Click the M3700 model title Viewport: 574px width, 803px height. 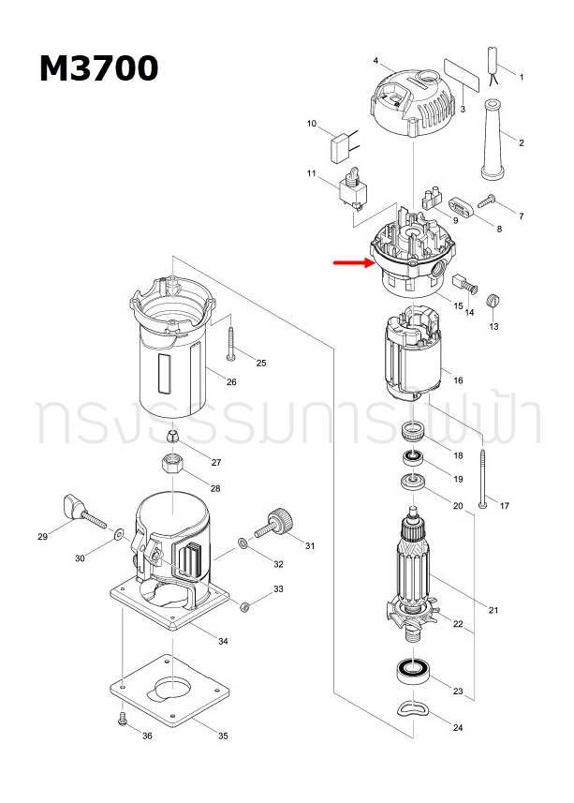click(98, 68)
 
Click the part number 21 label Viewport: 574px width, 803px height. click(493, 610)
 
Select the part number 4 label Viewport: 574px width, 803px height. click(375, 61)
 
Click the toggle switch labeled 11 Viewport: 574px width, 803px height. click(355, 187)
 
